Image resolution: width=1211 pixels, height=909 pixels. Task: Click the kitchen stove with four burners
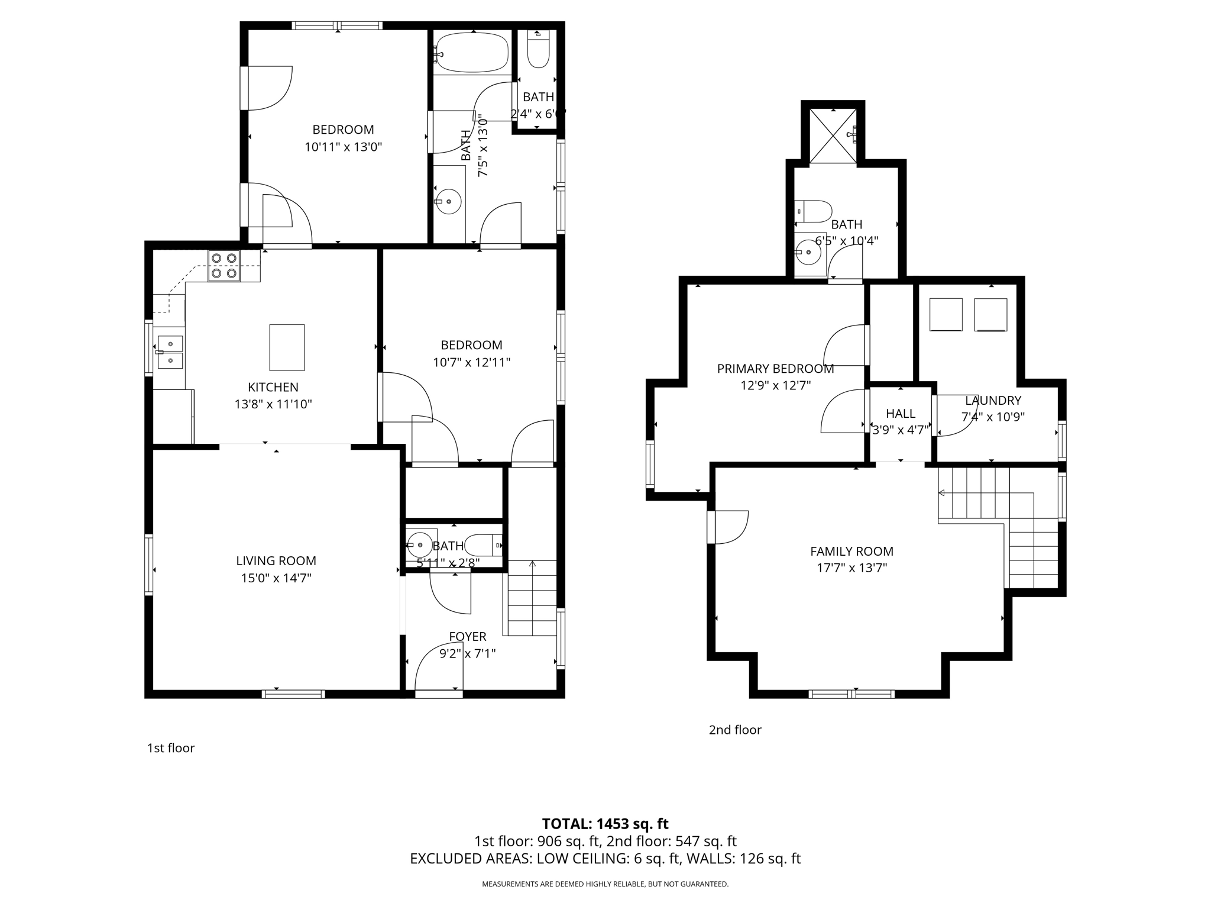[x=224, y=266]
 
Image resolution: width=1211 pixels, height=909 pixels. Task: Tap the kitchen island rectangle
[x=287, y=347]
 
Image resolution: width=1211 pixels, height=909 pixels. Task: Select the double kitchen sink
[x=170, y=352]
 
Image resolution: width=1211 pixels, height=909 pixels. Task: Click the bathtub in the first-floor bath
[x=472, y=53]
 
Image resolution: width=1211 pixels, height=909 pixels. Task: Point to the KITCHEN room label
[x=273, y=387]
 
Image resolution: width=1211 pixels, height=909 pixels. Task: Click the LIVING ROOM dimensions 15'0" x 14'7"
[x=276, y=578]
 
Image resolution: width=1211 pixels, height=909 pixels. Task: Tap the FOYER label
[x=467, y=636]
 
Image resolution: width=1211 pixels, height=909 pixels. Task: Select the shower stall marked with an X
[x=833, y=136]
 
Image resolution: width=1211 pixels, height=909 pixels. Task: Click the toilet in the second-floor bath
[x=815, y=211]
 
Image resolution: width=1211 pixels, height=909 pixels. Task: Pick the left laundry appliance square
[x=946, y=314]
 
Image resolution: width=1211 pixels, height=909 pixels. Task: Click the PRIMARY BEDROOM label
[x=775, y=369]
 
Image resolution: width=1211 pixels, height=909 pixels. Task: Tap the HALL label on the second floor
[x=901, y=414]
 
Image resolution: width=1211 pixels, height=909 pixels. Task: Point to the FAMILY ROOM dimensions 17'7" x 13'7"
[x=851, y=568]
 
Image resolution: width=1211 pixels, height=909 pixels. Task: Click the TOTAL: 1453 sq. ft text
[x=605, y=824]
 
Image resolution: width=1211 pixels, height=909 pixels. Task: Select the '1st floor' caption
[x=170, y=748]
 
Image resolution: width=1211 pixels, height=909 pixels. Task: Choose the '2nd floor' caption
[x=735, y=730]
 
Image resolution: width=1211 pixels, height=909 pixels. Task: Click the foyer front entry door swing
[x=438, y=666]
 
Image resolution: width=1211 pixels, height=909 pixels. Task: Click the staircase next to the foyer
[x=532, y=598]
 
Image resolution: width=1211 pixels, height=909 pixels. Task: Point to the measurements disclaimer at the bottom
[x=605, y=884]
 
